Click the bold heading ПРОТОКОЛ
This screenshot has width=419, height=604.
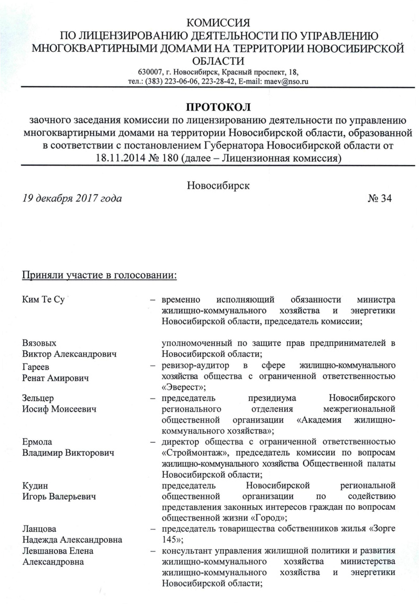(x=219, y=107)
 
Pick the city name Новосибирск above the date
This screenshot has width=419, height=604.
(x=218, y=185)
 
